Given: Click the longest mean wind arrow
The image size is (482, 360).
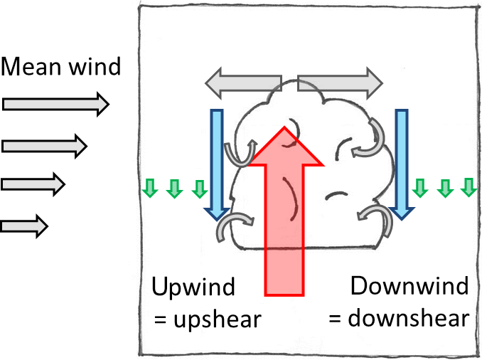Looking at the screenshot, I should click(55, 105).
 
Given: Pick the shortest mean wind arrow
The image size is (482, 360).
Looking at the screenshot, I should click(24, 226).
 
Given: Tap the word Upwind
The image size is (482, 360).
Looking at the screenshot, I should click(193, 287).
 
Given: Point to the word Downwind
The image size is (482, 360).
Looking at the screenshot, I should click(409, 287).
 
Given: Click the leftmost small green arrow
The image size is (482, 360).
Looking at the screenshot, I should click(149, 189).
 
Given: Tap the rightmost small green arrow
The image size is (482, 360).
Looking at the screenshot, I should click(468, 187).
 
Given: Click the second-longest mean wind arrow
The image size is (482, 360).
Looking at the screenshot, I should click(44, 147).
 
